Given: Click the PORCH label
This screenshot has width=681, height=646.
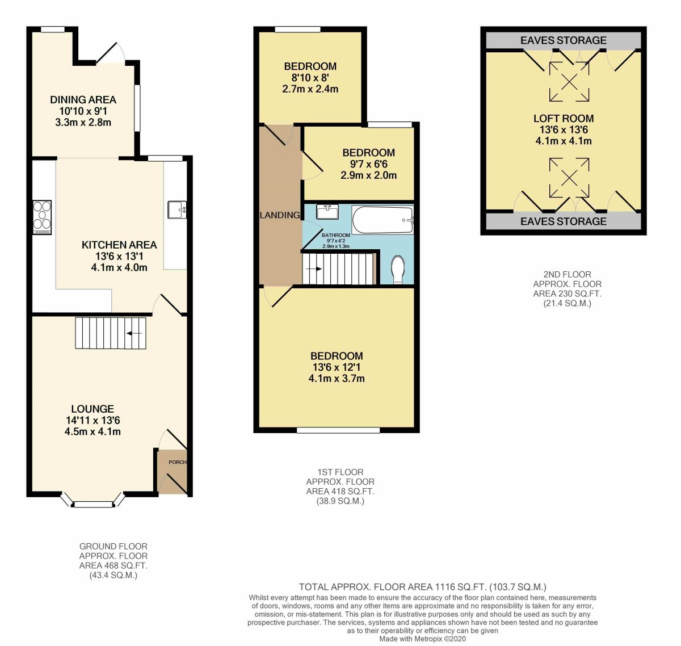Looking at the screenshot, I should [x=178, y=462].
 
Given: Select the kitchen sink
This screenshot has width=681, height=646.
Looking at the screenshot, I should [x=176, y=210].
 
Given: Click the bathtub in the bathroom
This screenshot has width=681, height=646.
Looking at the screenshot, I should [x=383, y=220].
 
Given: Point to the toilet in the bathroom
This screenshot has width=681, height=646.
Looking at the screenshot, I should [x=398, y=269].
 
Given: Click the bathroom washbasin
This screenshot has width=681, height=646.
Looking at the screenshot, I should [x=327, y=212].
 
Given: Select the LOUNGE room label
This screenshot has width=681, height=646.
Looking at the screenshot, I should [x=93, y=409].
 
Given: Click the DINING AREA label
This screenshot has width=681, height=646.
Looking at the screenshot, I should [x=83, y=100].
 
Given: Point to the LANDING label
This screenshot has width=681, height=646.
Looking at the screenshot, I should [x=279, y=215].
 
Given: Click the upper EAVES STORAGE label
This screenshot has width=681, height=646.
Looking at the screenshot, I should [x=563, y=40].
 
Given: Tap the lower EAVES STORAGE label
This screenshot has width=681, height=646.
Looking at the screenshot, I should [x=563, y=221].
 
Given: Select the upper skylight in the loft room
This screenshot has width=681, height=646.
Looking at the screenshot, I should [x=569, y=81].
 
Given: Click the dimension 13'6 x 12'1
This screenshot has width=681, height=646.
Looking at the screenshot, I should [x=336, y=367].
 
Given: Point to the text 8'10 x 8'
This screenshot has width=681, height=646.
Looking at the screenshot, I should [x=310, y=78].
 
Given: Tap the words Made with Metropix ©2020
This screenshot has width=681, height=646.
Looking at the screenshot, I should [x=422, y=639].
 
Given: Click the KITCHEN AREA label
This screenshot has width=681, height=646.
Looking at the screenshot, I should [x=119, y=245].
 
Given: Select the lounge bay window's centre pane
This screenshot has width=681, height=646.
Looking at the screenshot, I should [x=94, y=504].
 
